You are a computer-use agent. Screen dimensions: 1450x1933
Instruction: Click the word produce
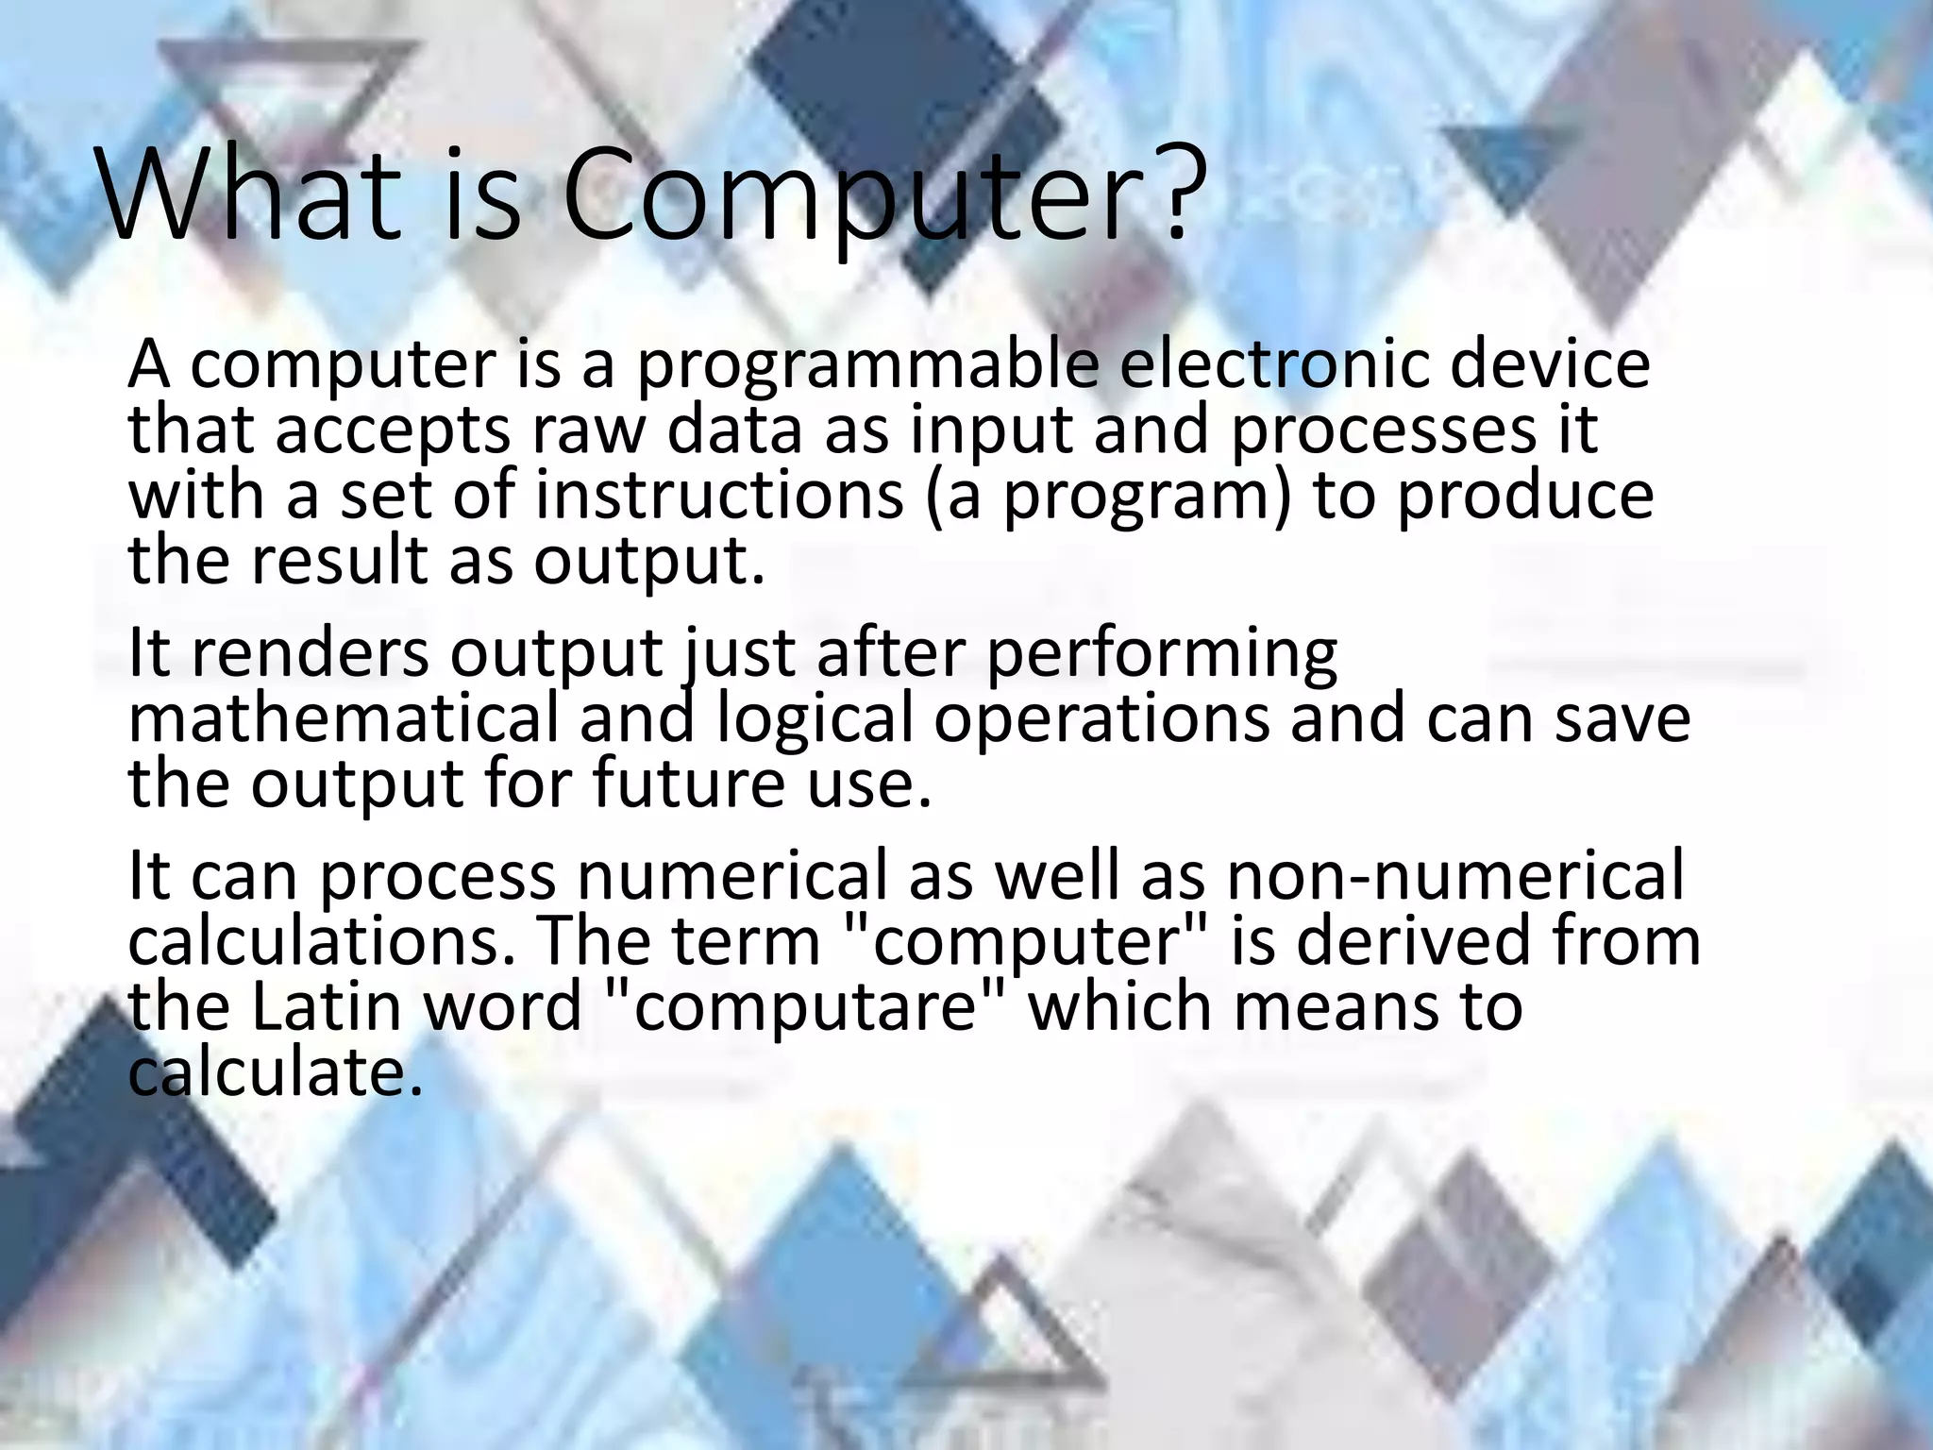coord(1525,496)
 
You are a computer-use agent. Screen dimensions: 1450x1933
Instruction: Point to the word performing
coord(1161,655)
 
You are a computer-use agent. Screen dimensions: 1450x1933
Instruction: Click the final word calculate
coord(268,1072)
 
